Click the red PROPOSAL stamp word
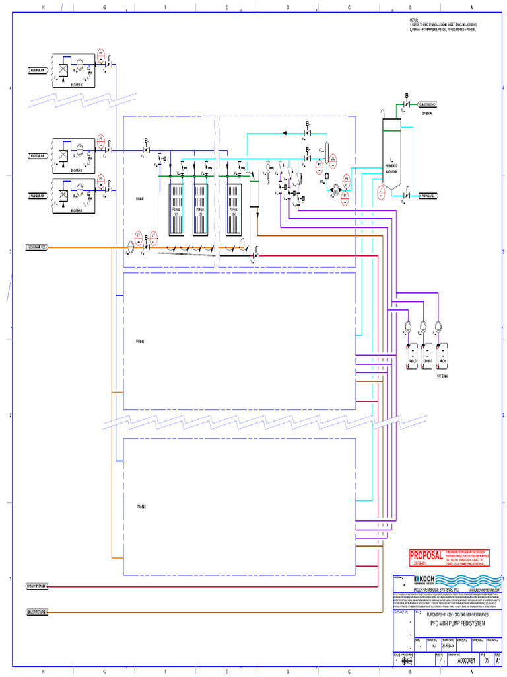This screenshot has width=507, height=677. pos(424,556)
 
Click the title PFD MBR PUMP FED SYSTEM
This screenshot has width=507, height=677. pos(452,623)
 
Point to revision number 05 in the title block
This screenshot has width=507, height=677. pos(487,660)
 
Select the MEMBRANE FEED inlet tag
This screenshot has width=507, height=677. pos(36,247)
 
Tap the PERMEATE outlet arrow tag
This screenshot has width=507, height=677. pos(430,196)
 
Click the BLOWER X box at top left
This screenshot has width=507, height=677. pos(75,69)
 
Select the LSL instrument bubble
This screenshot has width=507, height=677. pos(333,159)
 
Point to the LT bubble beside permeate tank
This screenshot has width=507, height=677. pos(382,192)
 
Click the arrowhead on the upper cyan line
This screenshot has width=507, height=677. pos(285,132)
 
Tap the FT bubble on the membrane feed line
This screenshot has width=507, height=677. pos(139,236)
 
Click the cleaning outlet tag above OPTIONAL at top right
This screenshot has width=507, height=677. pos(430,104)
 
